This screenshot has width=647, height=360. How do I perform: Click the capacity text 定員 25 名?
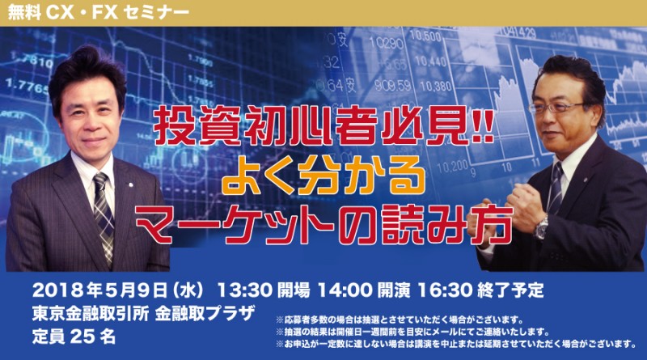pyautogui.click(x=72, y=336)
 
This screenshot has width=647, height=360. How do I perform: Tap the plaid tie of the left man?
pyautogui.click(x=103, y=212)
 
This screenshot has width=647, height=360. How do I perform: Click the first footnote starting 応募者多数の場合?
pyautogui.click(x=404, y=318)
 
